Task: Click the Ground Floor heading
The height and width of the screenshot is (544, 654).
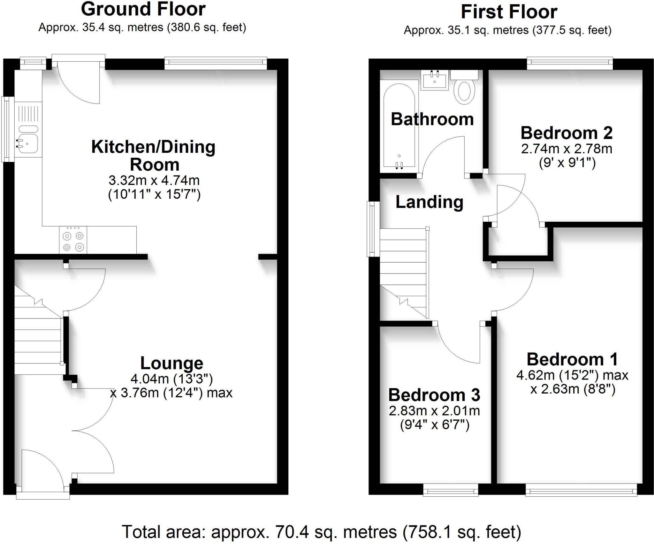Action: pos(143,9)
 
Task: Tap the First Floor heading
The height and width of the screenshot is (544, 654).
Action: pos(509,12)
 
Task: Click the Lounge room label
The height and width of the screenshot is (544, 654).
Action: pos(171,363)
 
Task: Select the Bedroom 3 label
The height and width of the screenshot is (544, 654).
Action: pos(434,395)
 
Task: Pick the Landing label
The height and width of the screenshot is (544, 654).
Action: pos(429,202)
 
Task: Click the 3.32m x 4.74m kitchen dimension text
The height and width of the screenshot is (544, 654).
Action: pos(154,180)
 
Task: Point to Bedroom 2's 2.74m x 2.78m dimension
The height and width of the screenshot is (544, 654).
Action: pos(567,149)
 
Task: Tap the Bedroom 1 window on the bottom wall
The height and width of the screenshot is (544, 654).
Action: pos(581,490)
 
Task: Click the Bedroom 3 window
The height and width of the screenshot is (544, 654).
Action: pos(451,490)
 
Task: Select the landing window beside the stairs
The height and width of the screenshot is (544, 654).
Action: pos(373,229)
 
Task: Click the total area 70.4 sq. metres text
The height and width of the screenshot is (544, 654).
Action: pos(321,532)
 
